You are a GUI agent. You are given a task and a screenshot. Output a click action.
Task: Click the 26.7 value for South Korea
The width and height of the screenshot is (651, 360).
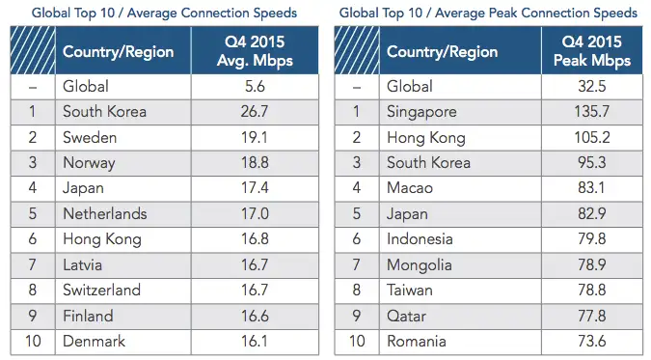tap(255, 111)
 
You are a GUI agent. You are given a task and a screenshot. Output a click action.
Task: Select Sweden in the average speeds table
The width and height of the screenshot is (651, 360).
tap(90, 137)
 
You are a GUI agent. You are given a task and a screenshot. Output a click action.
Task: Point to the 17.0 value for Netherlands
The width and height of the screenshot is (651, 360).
tap(255, 213)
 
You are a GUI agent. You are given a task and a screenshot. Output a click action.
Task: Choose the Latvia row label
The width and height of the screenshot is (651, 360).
tap(82, 264)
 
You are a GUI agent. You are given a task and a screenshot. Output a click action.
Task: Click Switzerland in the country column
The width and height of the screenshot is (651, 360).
tap(101, 290)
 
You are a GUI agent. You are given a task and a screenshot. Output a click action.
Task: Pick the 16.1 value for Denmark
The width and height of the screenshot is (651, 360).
tap(255, 342)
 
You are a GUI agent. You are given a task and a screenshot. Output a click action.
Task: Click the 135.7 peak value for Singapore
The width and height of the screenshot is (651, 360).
tap(591, 111)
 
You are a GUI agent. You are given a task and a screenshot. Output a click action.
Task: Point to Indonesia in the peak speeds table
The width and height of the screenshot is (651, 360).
tap(420, 239)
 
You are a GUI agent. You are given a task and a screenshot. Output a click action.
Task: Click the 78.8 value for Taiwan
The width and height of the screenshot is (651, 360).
tap(591, 290)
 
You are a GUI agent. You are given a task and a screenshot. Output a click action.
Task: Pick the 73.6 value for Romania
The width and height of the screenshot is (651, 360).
tap(591, 342)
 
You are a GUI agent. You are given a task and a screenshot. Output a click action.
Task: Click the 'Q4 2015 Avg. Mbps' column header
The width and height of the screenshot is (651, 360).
tap(255, 51)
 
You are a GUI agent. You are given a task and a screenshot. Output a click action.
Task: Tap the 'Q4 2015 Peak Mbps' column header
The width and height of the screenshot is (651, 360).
tap(591, 51)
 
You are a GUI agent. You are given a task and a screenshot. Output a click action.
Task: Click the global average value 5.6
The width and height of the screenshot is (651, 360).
tap(255, 87)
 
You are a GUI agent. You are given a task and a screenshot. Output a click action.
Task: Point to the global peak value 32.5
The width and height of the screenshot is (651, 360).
tap(591, 87)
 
